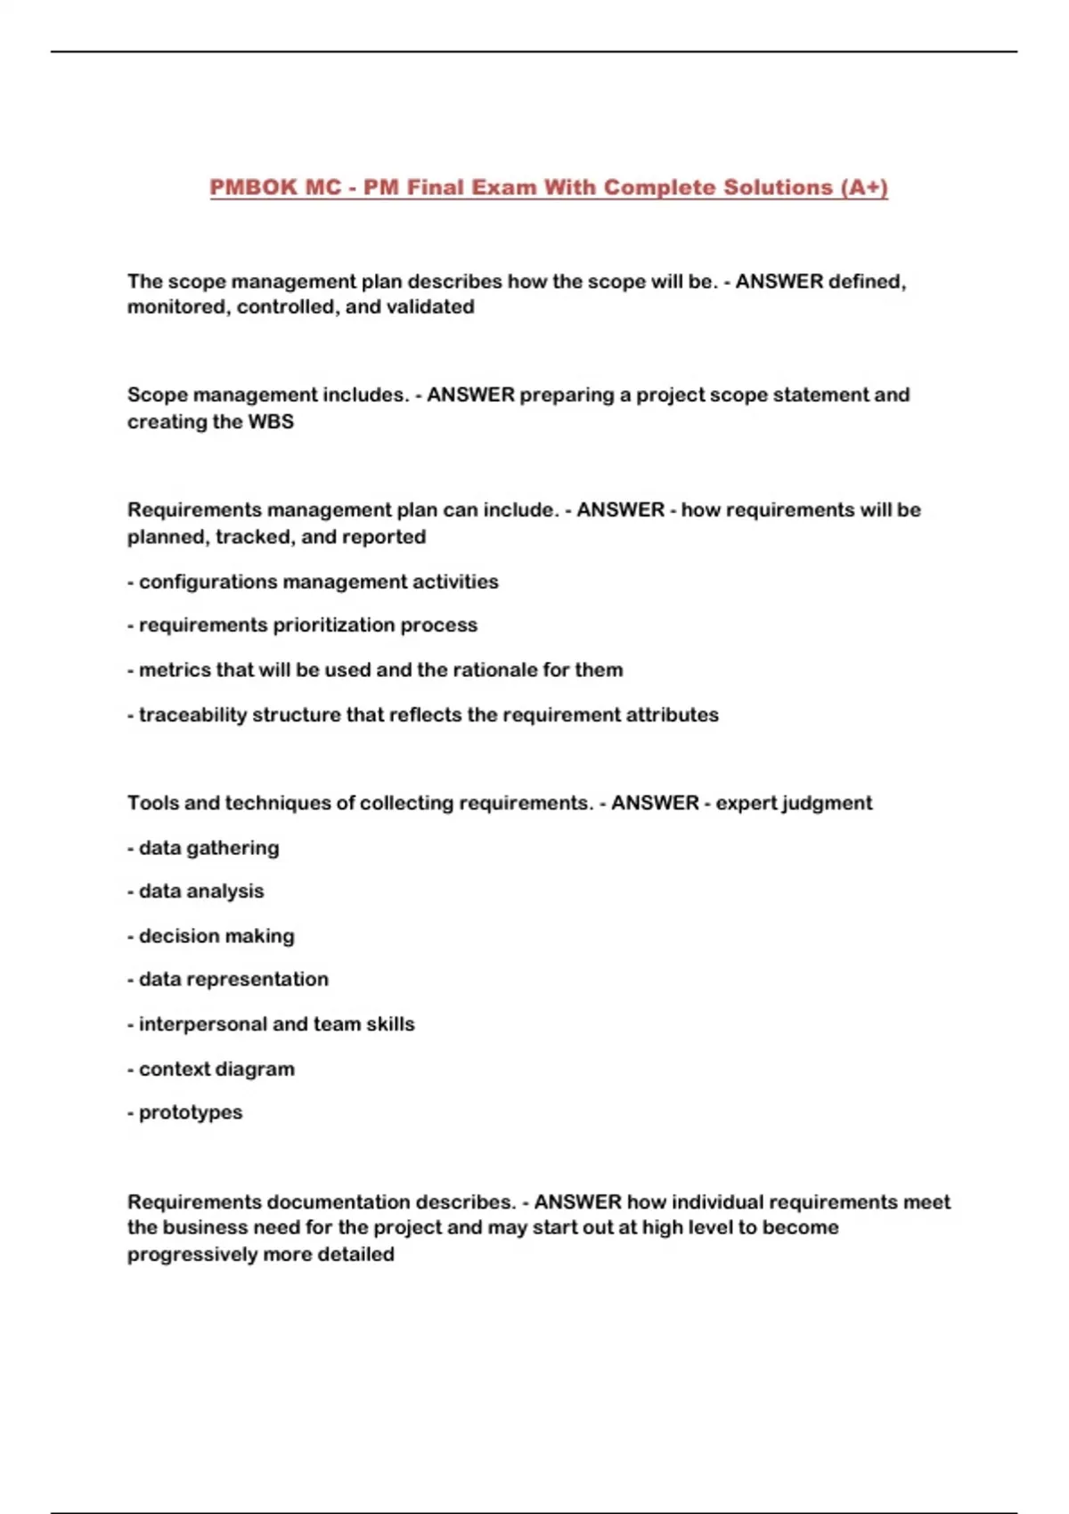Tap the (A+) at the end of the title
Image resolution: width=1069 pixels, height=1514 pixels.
click(863, 188)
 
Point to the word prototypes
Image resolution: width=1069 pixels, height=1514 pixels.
click(191, 1112)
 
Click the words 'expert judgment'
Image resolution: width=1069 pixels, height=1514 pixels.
click(794, 803)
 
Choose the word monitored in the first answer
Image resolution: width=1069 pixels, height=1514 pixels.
click(178, 307)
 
